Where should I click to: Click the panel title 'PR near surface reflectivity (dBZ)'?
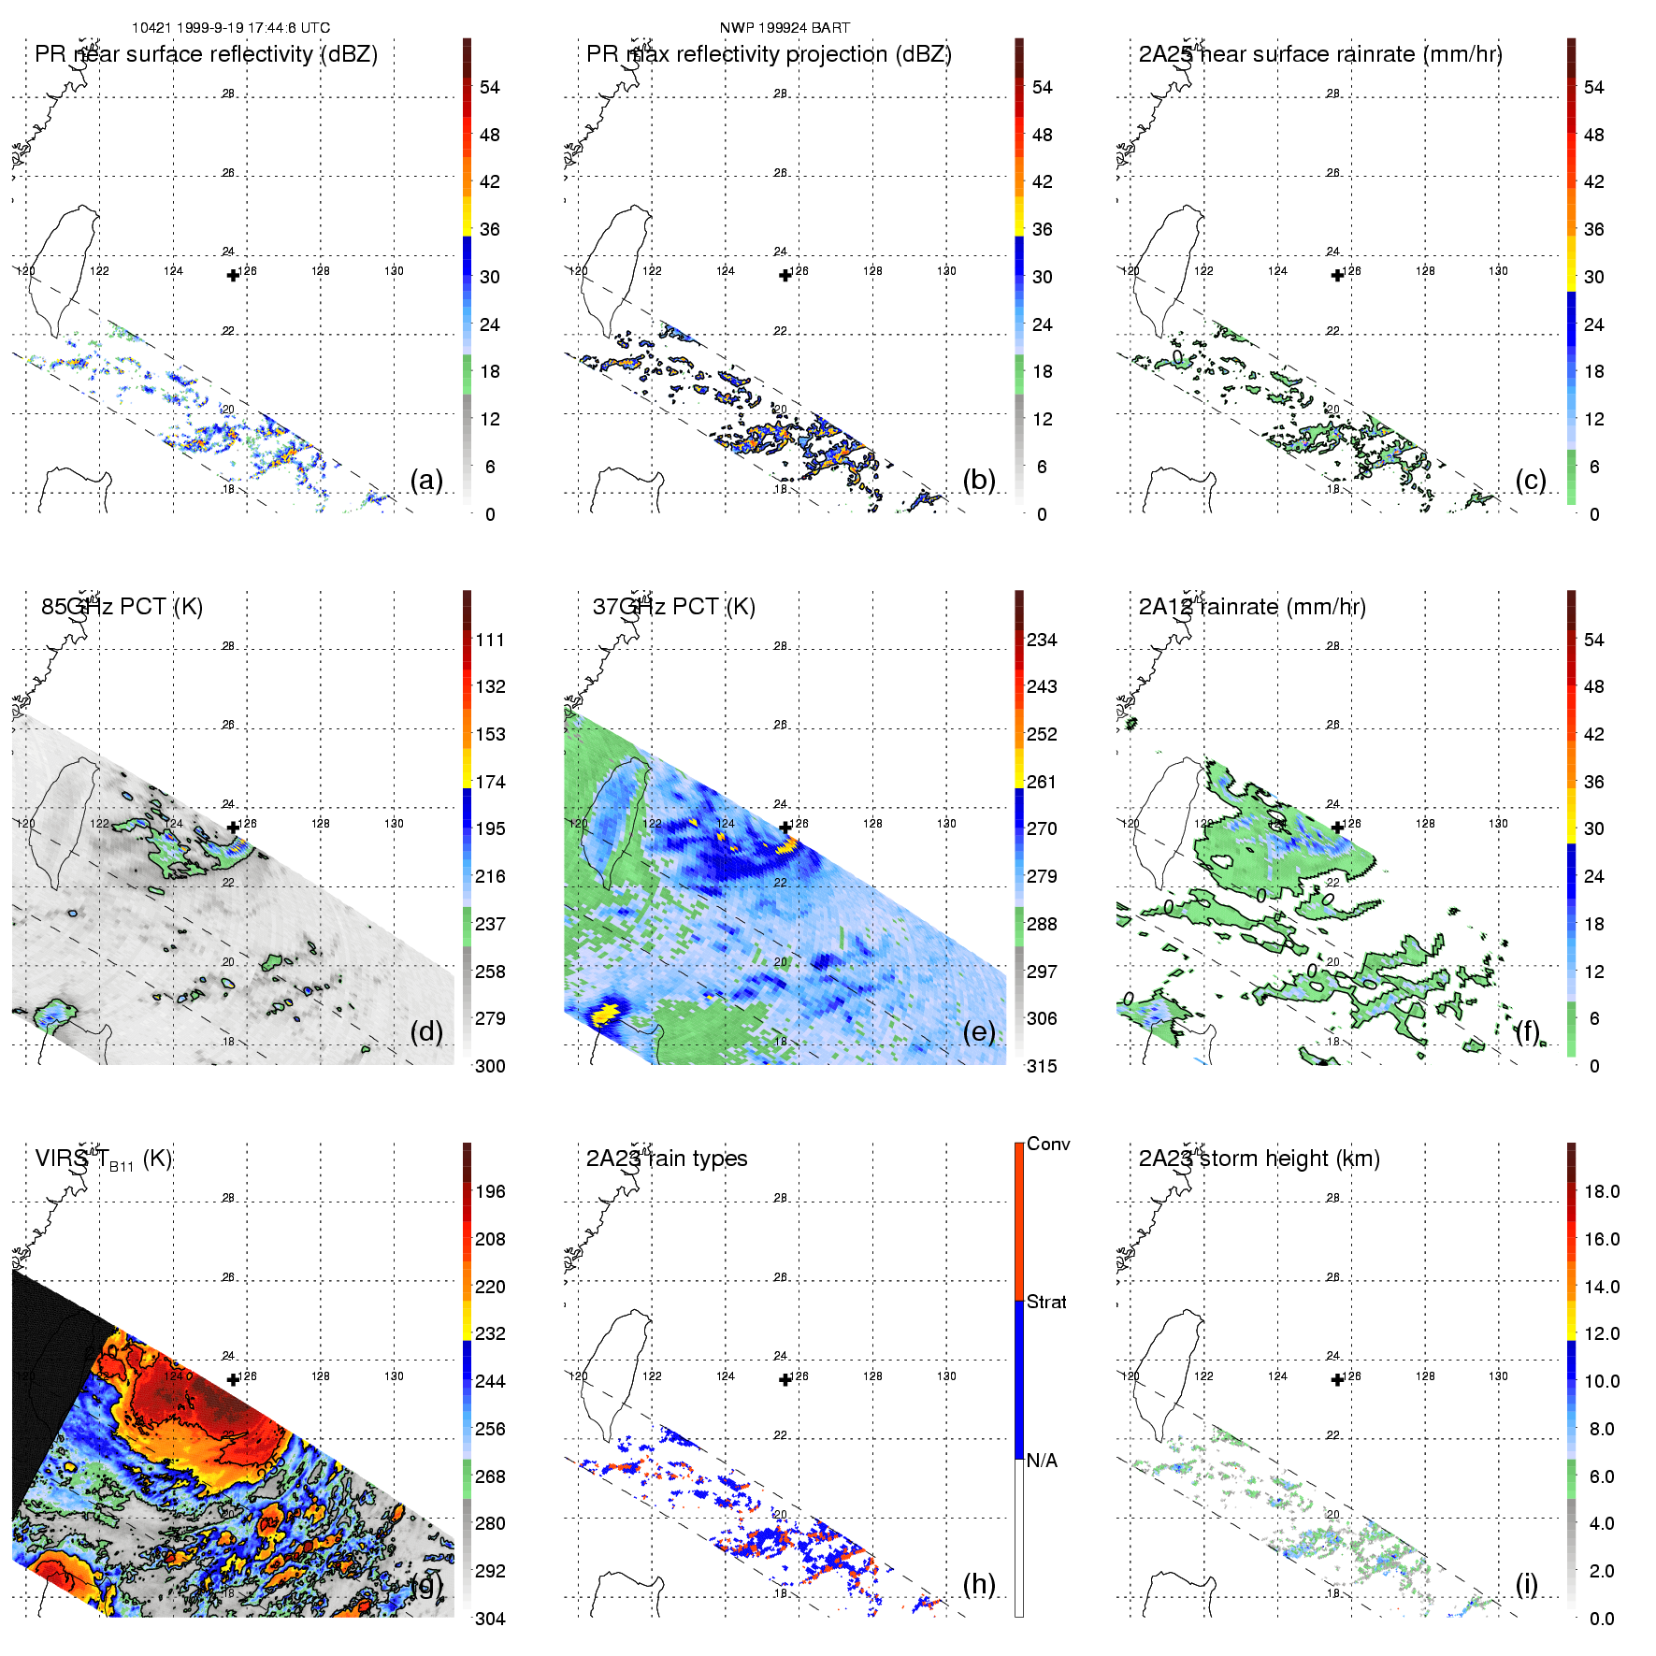pos(206,54)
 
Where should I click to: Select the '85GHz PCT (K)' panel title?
pos(122,607)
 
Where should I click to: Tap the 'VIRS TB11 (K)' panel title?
pos(103,1159)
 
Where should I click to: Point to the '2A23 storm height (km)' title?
pos(1259,1159)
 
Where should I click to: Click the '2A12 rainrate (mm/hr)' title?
pos(1252,607)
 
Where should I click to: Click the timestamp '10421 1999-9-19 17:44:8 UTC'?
pos(230,28)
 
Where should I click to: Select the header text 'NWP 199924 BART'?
pos(785,28)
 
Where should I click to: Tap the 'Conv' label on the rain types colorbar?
pos(1048,1145)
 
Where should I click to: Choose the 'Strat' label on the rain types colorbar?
pos(1046,1303)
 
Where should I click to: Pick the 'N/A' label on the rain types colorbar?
pos(1042,1462)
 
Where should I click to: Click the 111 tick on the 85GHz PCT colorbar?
pos(490,641)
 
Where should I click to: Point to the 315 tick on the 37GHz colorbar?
pos(1042,1067)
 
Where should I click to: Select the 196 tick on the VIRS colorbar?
pos(490,1192)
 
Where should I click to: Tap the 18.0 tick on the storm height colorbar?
pos(1602,1192)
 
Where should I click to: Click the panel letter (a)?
pos(426,481)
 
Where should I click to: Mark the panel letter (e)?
pos(979,1032)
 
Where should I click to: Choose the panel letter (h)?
pos(979,1584)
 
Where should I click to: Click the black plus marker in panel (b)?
pos(785,275)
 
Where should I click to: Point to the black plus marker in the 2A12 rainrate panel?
pos(1337,828)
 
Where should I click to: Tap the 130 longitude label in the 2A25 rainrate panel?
pos(1498,271)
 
